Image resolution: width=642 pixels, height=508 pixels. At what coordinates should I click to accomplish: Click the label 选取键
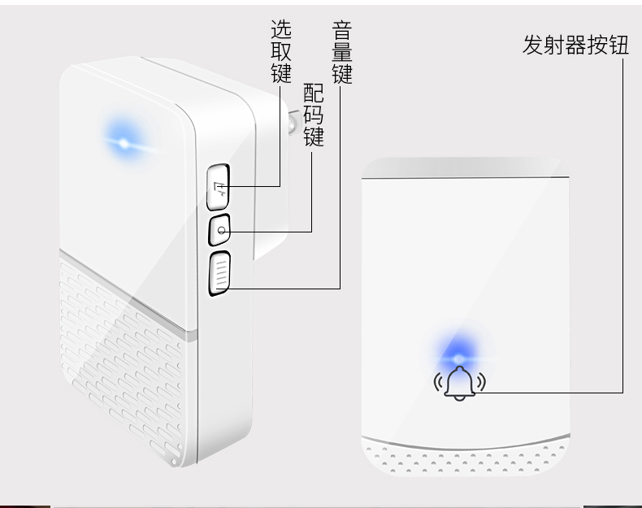[x=280, y=51]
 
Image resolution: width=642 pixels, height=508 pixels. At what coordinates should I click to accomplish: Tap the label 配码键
[x=313, y=115]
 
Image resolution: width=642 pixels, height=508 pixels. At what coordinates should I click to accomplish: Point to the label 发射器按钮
[x=575, y=45]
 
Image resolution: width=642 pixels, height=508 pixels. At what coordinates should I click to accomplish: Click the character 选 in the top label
[x=280, y=30]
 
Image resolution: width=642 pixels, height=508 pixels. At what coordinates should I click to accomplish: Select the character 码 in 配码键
[x=313, y=115]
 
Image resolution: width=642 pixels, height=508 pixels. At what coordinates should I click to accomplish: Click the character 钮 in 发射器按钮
[x=619, y=45]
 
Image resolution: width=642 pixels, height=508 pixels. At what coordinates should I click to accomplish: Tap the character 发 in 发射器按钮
[x=532, y=45]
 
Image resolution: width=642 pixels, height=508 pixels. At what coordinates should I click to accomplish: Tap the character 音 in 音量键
[x=341, y=32]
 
